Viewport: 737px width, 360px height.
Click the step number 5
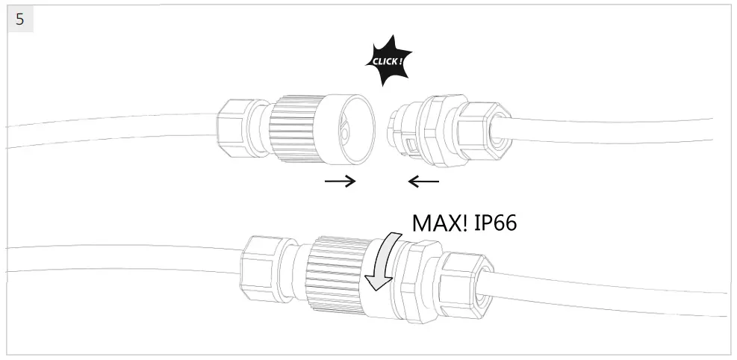[19, 19]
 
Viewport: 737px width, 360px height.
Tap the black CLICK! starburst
[388, 61]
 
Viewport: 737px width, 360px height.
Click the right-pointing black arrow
[340, 181]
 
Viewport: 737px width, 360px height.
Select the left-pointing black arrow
[423, 181]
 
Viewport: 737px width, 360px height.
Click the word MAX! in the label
[440, 223]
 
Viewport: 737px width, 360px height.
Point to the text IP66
[495, 223]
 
